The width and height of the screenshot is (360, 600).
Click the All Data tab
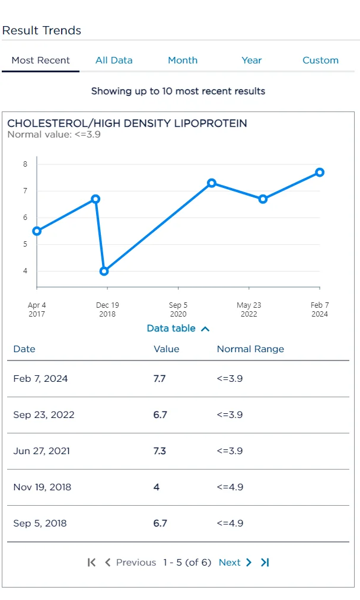tap(114, 60)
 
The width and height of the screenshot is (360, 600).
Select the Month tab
tap(183, 60)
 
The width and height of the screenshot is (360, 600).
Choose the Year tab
tap(251, 60)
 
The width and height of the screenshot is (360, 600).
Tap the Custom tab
tap(320, 60)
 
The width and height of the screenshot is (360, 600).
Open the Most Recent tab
tap(40, 60)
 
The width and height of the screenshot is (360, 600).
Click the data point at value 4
tap(104, 271)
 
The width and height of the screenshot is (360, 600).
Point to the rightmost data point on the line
tap(320, 172)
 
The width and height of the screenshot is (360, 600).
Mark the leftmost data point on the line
tap(37, 231)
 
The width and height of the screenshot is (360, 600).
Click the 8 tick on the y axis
tap(26, 164)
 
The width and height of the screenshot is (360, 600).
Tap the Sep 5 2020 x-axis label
tap(178, 309)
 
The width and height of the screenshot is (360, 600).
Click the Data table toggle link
tap(178, 328)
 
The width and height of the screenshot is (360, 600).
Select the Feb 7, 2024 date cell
tap(40, 379)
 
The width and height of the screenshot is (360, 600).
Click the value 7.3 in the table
tap(160, 451)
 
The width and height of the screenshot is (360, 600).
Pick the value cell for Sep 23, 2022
tap(160, 415)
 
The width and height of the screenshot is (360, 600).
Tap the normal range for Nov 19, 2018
tap(230, 487)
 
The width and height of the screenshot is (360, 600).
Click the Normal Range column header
tap(250, 349)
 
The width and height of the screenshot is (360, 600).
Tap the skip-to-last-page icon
tap(265, 563)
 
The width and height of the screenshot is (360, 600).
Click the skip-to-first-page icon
tap(91, 563)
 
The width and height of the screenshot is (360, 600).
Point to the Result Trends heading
tap(42, 30)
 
